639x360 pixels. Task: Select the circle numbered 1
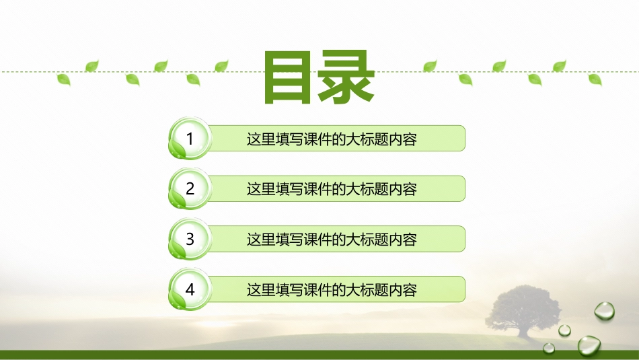(x=190, y=139)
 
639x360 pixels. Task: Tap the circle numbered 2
(x=190, y=189)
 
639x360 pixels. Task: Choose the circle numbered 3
(x=190, y=239)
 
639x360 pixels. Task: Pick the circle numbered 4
(x=190, y=290)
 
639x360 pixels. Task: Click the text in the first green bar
(x=332, y=139)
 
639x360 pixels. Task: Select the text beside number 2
(x=332, y=189)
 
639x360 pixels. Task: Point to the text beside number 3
(x=332, y=239)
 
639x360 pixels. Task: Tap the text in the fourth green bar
(x=332, y=290)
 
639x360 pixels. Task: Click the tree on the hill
(x=522, y=307)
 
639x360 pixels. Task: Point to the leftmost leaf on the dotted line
(x=64, y=79)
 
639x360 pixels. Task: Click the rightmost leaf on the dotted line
(x=595, y=79)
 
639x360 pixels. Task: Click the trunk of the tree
(x=521, y=329)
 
